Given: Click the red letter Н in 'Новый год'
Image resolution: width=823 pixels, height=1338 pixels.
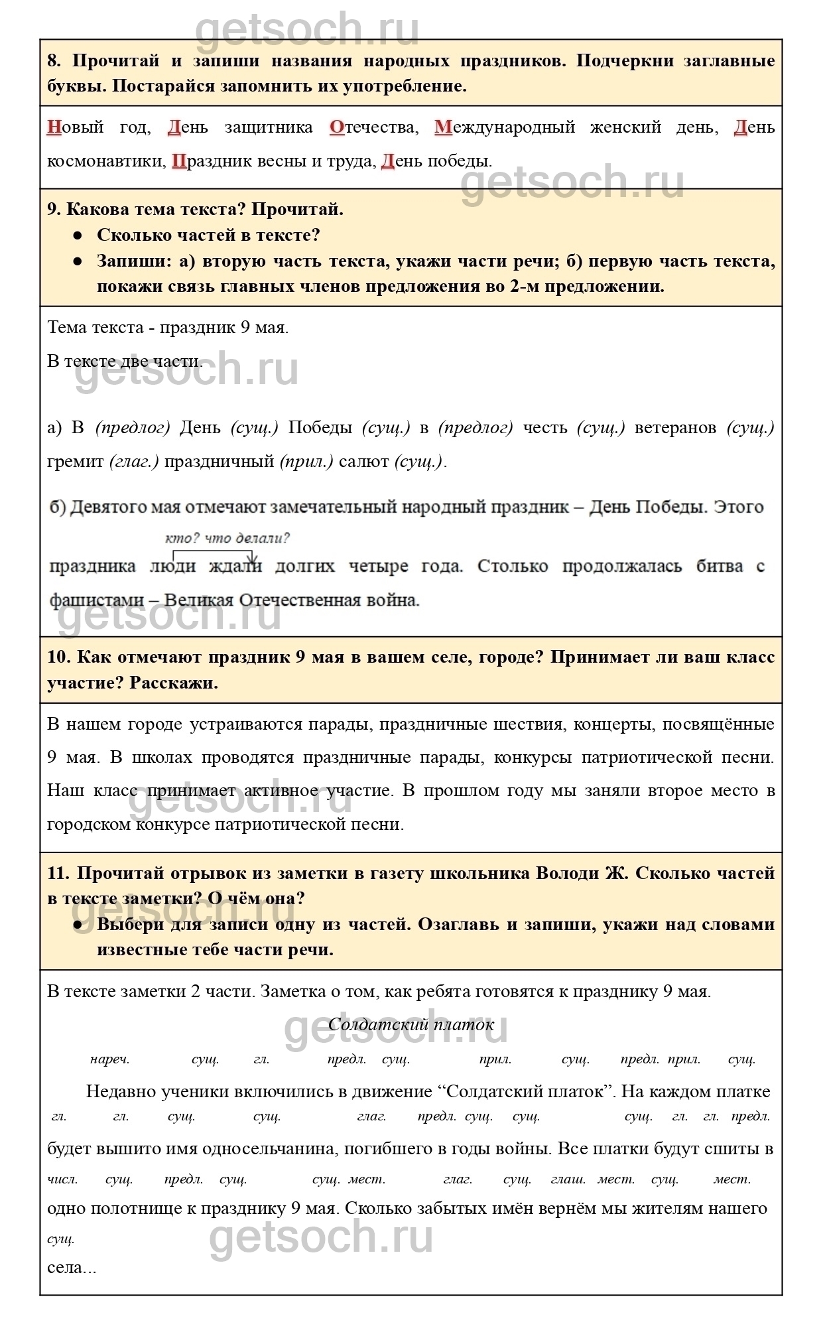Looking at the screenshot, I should tap(54, 127).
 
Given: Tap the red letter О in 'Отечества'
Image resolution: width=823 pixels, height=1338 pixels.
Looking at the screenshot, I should tap(338, 127).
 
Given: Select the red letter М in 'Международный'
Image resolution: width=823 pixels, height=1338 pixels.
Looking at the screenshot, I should tap(442, 127).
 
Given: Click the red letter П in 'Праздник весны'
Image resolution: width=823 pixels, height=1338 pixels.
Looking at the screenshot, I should tap(179, 161).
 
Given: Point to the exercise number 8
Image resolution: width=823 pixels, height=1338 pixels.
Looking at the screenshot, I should tap(54, 61).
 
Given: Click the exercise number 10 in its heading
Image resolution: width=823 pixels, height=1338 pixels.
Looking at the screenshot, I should tap(58, 657).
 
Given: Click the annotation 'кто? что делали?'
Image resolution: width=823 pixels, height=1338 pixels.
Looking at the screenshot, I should tap(227, 538).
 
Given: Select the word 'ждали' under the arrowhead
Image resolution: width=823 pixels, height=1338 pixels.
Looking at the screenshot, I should tap(235, 567).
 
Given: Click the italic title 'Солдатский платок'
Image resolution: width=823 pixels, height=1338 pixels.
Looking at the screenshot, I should tap(411, 1024).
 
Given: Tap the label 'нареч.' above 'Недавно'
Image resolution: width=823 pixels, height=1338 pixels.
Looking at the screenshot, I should tap(109, 1059).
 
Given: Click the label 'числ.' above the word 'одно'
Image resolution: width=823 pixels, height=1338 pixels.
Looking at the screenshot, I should tap(63, 1179).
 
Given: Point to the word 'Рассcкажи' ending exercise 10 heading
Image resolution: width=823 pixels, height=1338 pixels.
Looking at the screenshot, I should tap(174, 683).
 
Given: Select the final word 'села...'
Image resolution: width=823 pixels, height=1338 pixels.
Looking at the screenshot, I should tap(72, 1267).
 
